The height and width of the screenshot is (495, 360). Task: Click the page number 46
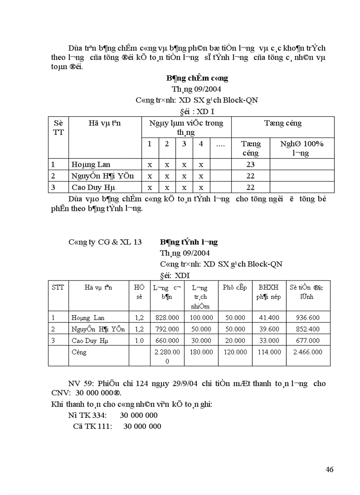click(329, 469)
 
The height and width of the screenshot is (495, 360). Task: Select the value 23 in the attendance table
click(251, 164)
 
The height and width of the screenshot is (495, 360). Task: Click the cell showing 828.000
click(167, 317)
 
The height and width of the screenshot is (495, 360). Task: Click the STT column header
click(58, 287)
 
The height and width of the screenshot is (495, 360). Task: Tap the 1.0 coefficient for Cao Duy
click(139, 340)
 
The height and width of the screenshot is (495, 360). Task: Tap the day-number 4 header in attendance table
click(201, 144)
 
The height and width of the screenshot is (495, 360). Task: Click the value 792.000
click(167, 329)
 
